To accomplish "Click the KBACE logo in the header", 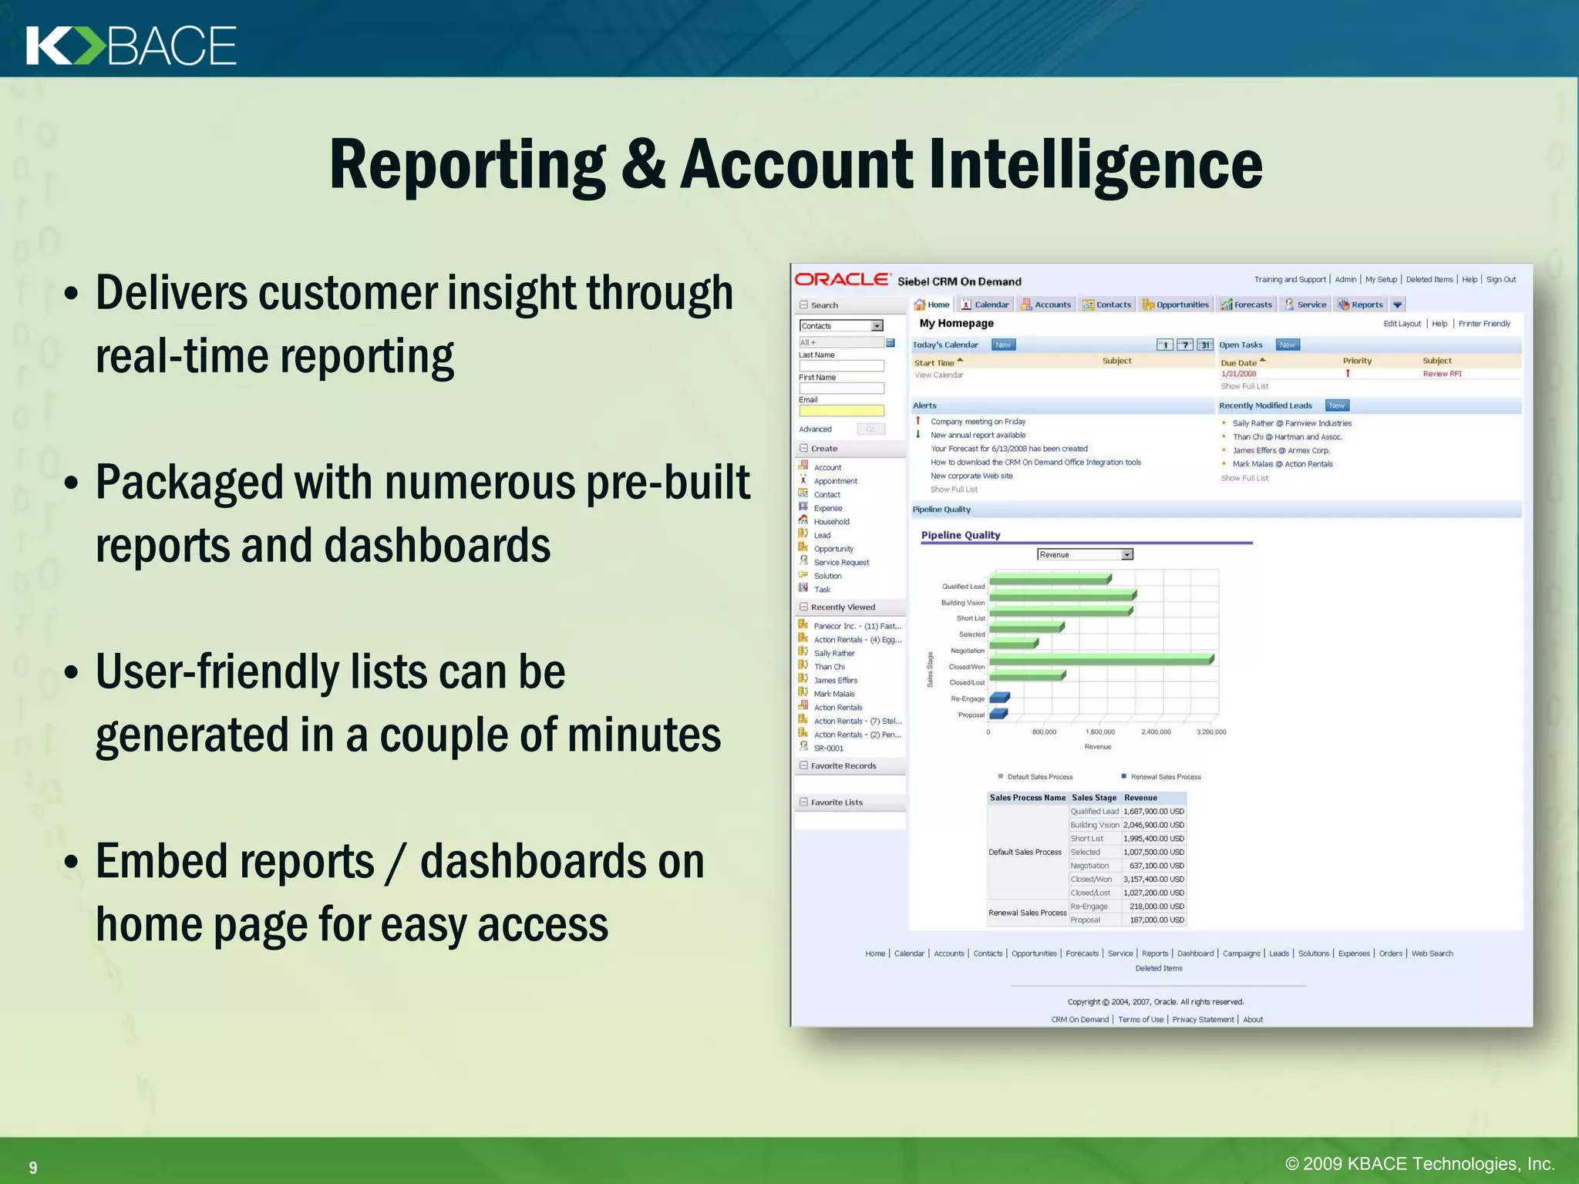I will tap(131, 45).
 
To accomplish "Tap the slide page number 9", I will tap(33, 1167).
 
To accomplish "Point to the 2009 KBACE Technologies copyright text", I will tap(1419, 1163).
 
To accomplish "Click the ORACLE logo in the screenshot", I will tap(842, 280).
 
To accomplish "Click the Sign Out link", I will tap(1500, 280).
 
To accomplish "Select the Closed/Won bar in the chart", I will tap(1101, 660).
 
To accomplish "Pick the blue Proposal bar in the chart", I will tap(998, 715).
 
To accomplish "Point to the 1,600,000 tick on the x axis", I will tap(1100, 732).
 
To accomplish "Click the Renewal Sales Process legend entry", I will tap(1165, 777).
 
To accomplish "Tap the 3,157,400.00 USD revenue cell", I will tap(1153, 880).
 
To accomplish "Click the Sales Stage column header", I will tap(1093, 798).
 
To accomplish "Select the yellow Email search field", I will tap(841, 411).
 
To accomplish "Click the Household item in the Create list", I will tap(831, 522).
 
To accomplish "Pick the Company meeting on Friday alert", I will tap(978, 422).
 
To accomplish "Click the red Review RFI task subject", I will tap(1442, 374).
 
